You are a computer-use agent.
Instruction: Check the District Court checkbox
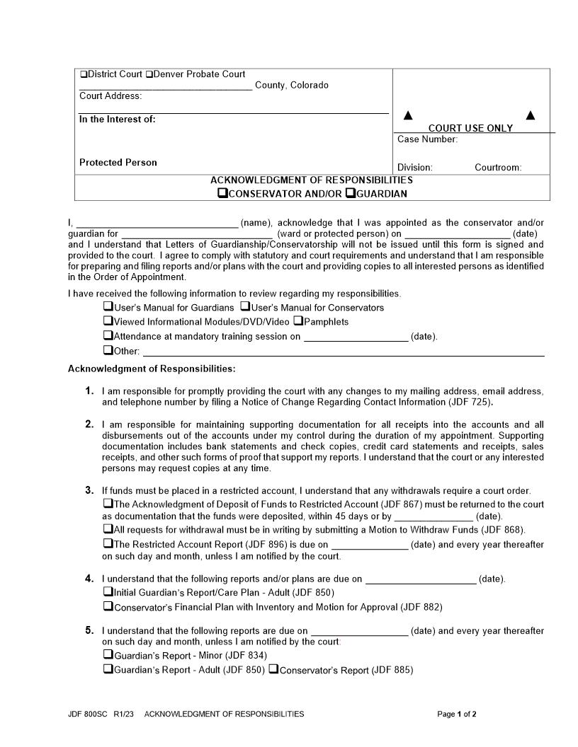(x=84, y=74)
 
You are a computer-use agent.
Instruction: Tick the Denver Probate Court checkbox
(x=149, y=74)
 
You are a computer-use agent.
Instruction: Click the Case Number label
(x=427, y=139)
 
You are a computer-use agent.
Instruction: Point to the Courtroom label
(x=498, y=168)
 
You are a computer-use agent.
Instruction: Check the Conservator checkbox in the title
(x=223, y=193)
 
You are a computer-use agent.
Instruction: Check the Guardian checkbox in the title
(x=350, y=193)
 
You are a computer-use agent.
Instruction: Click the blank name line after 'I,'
(x=157, y=224)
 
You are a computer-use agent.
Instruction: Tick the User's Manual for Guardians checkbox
(x=108, y=307)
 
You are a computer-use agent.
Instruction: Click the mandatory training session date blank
(x=356, y=337)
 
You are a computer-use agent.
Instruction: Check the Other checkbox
(x=108, y=350)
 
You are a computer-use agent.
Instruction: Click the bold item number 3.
(x=89, y=490)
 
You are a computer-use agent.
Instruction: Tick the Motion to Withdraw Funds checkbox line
(x=108, y=528)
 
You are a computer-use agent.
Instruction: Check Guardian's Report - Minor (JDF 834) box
(x=108, y=654)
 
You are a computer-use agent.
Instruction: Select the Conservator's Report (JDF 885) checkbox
(x=273, y=669)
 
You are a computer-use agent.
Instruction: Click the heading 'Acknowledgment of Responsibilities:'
(x=152, y=369)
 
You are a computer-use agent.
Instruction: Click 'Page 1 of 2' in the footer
(x=457, y=714)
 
